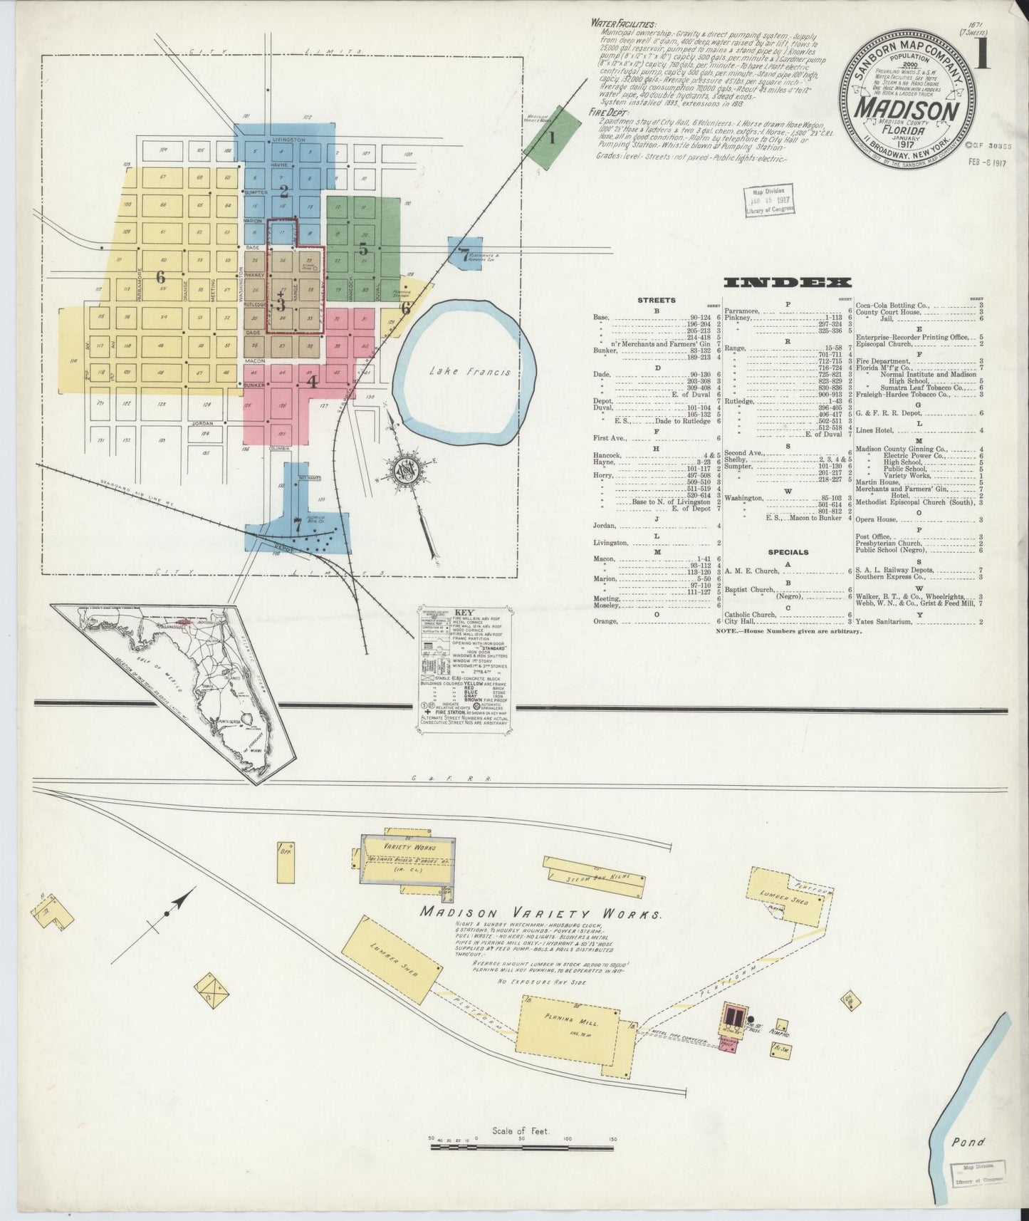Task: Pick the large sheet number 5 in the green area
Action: coord(362,249)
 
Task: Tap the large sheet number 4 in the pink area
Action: coord(311,380)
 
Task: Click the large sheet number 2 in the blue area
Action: coord(283,191)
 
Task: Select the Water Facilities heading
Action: coord(615,23)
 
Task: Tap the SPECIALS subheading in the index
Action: coord(788,551)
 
